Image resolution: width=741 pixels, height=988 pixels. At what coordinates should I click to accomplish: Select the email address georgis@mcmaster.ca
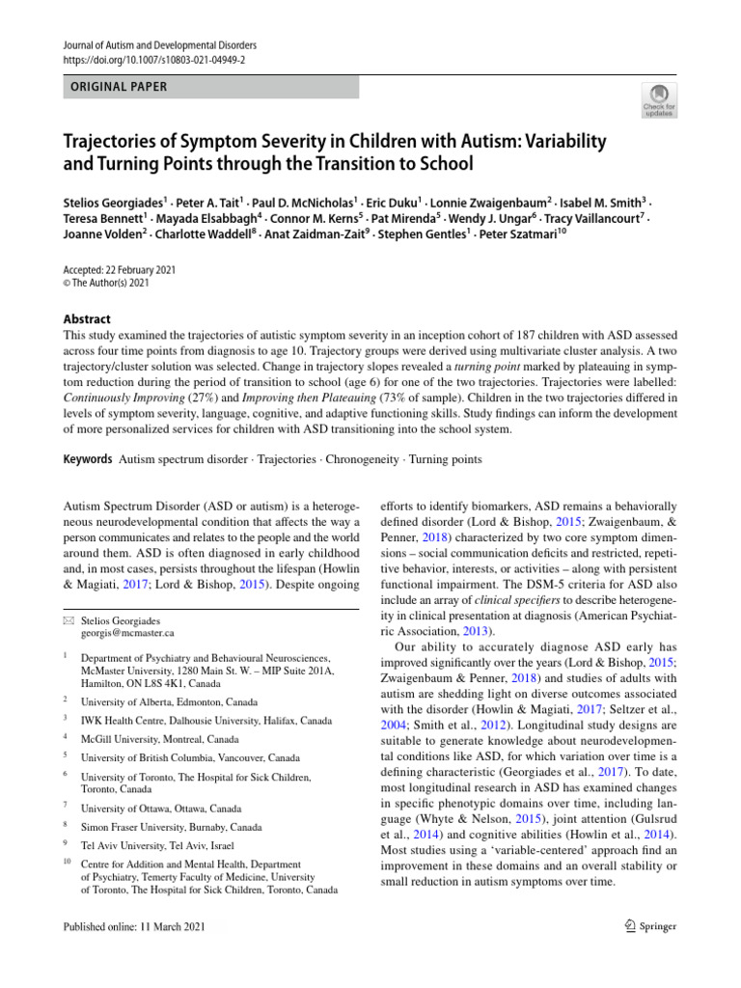pyautogui.click(x=128, y=633)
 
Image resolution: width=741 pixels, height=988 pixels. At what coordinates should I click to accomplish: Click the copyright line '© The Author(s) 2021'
pyautogui.click(x=107, y=284)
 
